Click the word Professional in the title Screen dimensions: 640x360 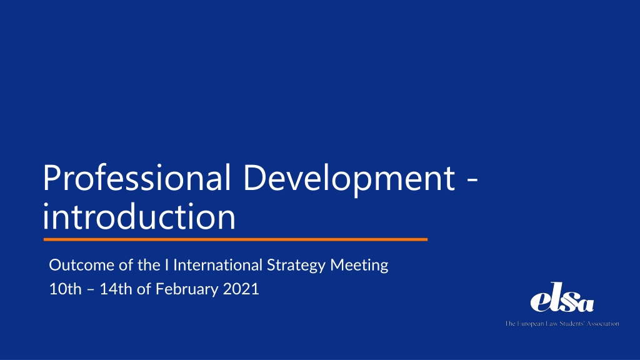[x=137, y=177]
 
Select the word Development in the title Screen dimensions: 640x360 [x=349, y=177]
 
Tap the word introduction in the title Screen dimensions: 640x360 [x=139, y=216]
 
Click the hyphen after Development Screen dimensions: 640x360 [x=472, y=179]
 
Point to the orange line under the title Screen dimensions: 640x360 [x=236, y=239]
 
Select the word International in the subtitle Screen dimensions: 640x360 [x=217, y=265]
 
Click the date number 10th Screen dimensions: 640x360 [x=65, y=289]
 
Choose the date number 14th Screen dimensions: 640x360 [x=116, y=289]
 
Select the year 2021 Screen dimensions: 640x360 [x=241, y=289]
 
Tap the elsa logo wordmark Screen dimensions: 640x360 [x=562, y=297]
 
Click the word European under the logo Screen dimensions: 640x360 [x=530, y=324]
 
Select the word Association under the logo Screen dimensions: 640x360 [x=603, y=324]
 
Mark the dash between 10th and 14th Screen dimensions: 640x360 [x=91, y=290]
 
